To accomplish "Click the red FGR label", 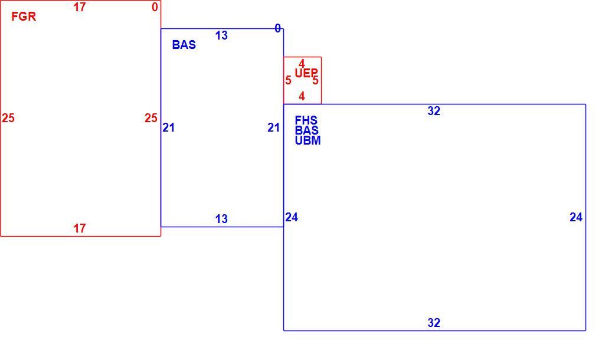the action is [24, 17].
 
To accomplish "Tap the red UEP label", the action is [306, 73].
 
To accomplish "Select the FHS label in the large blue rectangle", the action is [306, 120].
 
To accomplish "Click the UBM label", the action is [307, 140].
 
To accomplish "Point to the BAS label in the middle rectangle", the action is [184, 45].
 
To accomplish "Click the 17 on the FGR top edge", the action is [80, 7].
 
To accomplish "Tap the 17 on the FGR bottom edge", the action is [80, 228].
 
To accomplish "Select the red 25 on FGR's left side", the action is [8, 118].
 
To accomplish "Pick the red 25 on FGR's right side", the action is [151, 118].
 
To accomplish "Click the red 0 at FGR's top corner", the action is [155, 7].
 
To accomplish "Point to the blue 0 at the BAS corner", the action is [277, 28].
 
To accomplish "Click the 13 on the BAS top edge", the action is [221, 35].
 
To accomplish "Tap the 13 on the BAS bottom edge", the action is [221, 219].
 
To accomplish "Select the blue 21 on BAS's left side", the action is [169, 127].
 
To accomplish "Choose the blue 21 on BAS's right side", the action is [273, 127].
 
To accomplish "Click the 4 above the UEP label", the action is [302, 64].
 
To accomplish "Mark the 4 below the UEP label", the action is [302, 96].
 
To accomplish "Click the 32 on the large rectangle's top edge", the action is [434, 111].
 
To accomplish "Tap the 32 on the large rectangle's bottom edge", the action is [434, 323].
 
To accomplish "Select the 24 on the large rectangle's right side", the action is [576, 217].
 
